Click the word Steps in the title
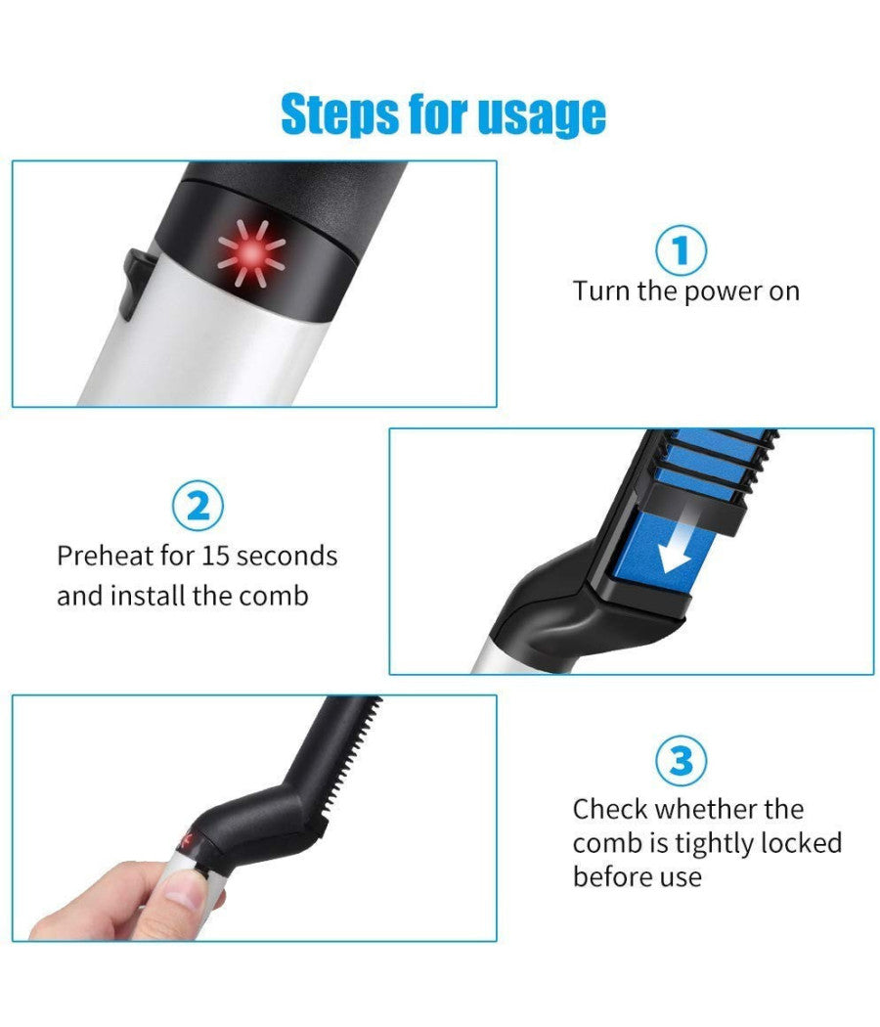click(340, 115)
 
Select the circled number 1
click(681, 250)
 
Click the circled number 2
click(198, 507)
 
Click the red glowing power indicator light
click(251, 252)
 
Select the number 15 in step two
click(215, 557)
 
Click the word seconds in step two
click(286, 557)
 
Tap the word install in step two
click(148, 596)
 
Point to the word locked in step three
click(800, 842)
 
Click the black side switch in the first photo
click(136, 283)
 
